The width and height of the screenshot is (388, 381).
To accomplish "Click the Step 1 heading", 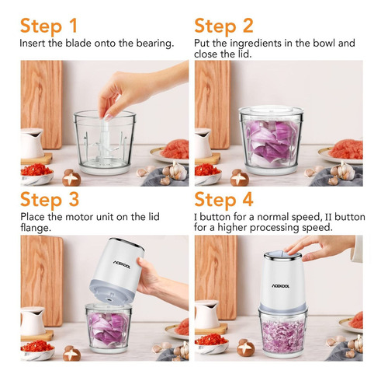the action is (49, 26).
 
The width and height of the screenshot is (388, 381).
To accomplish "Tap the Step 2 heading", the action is (223, 26).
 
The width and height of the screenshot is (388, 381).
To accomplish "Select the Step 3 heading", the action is (50, 200).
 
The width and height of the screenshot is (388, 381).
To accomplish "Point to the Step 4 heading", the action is (223, 200).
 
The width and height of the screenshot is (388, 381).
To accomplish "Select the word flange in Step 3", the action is (36, 228).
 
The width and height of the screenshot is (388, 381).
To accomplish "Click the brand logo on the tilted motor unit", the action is (122, 264).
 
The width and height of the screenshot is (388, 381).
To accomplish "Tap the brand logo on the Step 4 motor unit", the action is (281, 286).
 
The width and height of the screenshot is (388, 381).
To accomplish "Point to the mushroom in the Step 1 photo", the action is (71, 177).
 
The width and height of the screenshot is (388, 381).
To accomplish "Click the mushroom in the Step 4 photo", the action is (246, 348).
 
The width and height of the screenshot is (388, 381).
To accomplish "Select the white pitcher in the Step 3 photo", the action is (33, 321).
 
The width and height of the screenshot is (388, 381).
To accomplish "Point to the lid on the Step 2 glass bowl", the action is (271, 110).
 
